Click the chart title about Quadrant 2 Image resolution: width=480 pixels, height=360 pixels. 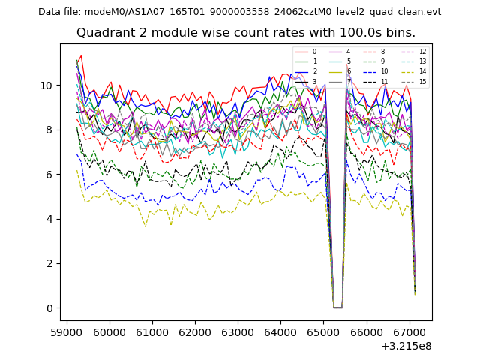coord(246,33)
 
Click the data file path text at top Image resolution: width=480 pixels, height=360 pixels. coord(239,11)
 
